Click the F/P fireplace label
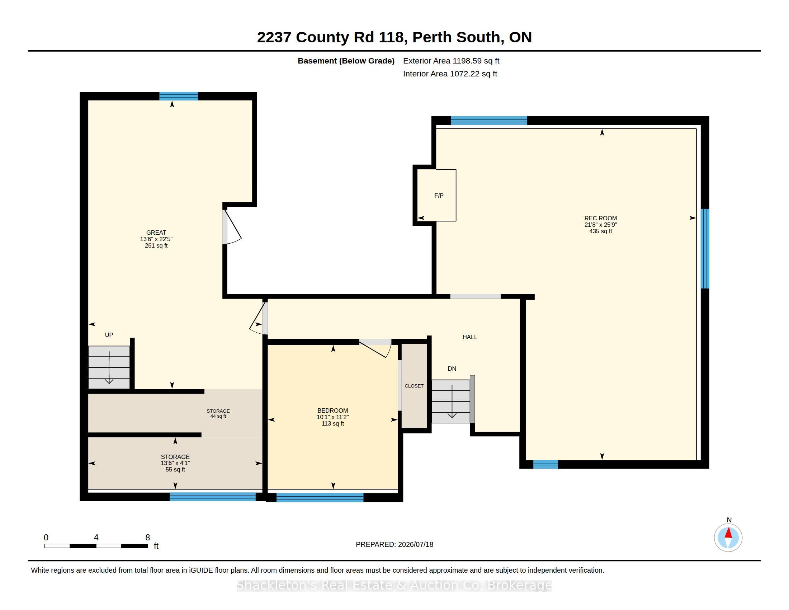[439, 196]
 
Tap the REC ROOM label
[600, 218]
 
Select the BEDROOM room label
[332, 410]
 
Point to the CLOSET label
[414, 386]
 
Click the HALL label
[470, 337]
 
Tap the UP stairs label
[109, 335]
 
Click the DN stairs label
[452, 369]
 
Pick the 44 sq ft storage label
[218, 416]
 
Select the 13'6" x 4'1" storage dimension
[175, 463]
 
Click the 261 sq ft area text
[156, 245]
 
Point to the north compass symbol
[728, 538]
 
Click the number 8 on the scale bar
[147, 538]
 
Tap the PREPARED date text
[394, 544]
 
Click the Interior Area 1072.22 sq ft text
[450, 74]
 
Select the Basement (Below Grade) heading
[346, 61]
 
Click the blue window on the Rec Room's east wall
[705, 249]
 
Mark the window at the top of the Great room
[179, 96]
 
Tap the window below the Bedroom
[320, 498]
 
